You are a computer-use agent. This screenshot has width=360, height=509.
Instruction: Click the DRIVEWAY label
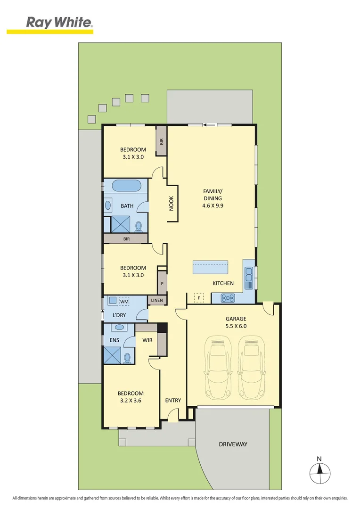(233, 444)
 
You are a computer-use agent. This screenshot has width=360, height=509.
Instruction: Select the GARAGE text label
(236, 319)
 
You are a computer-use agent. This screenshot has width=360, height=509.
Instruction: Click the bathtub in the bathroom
(125, 186)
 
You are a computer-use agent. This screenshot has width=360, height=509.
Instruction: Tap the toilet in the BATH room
(139, 227)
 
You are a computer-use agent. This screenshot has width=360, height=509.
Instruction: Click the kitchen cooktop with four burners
(228, 297)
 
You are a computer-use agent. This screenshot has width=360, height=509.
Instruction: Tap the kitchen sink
(249, 278)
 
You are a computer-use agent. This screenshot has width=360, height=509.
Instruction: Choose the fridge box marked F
(199, 298)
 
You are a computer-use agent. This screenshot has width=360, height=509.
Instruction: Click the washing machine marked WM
(124, 301)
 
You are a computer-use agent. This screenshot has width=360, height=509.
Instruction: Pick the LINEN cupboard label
(156, 300)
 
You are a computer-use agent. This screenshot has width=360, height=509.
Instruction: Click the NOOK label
(171, 203)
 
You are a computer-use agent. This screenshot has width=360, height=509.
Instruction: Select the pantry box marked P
(162, 284)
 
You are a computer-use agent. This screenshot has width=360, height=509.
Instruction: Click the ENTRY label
(173, 400)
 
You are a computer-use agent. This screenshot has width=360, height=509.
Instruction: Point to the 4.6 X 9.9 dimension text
(212, 205)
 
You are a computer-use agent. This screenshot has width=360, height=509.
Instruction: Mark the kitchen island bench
(210, 268)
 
